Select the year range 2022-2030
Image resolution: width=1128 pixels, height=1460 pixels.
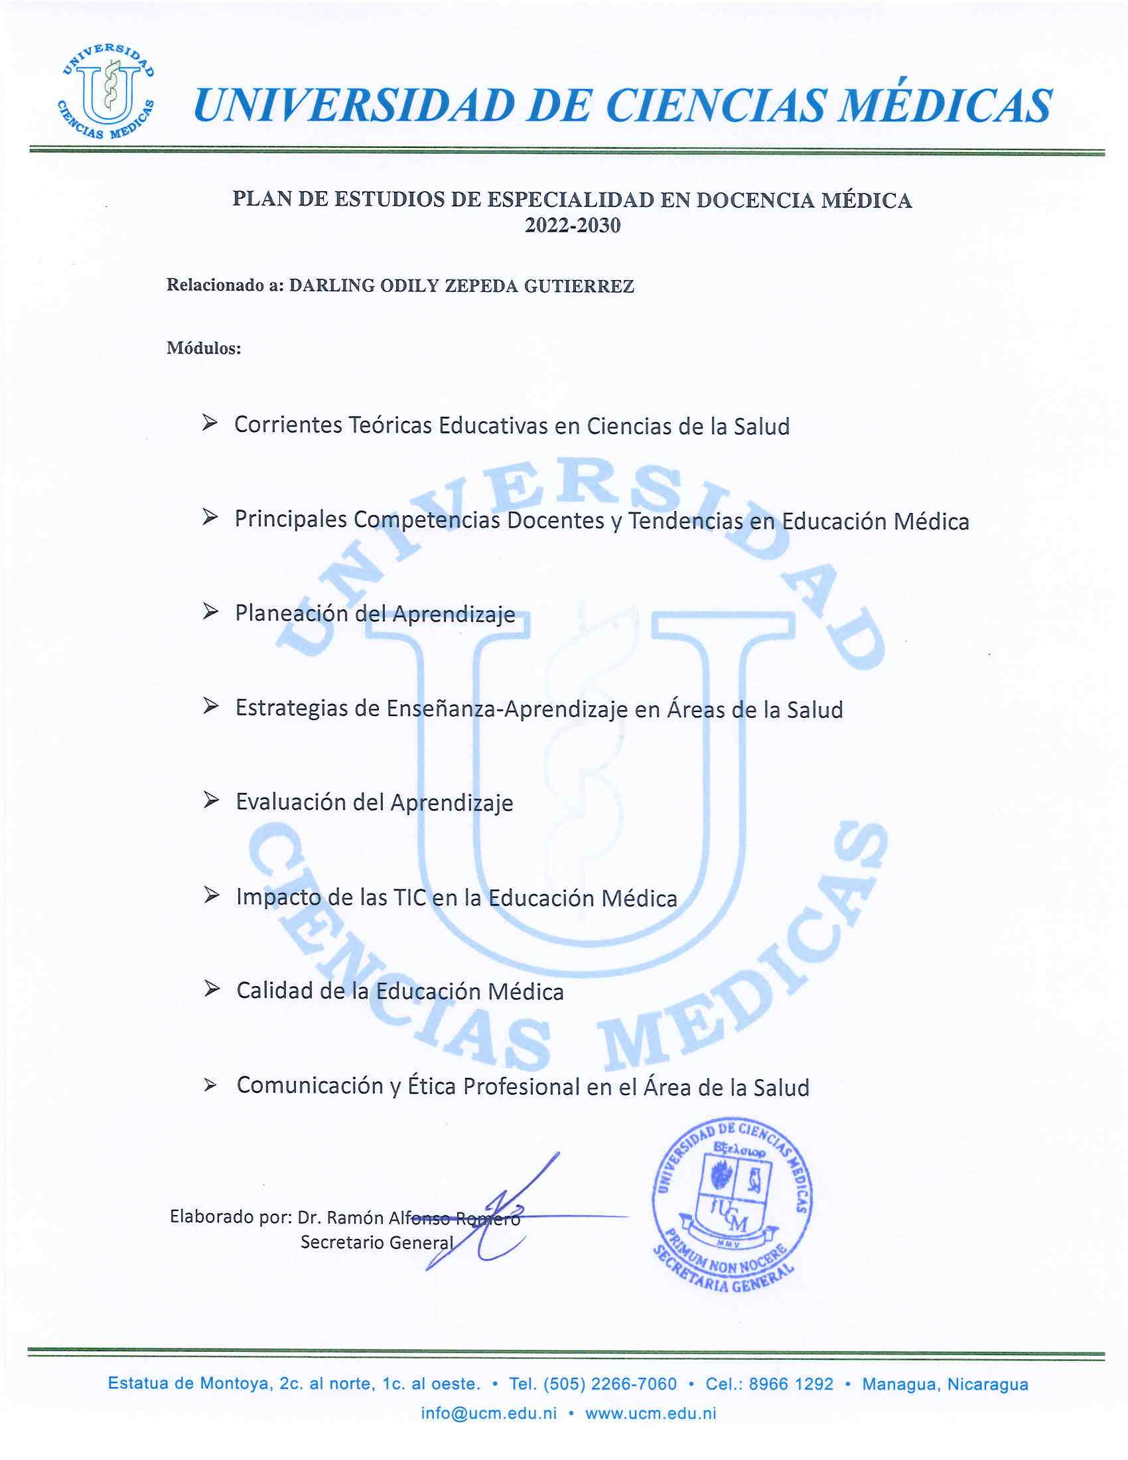click(572, 226)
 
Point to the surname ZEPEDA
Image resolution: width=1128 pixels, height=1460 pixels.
click(481, 286)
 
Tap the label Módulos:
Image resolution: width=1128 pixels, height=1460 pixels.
click(203, 348)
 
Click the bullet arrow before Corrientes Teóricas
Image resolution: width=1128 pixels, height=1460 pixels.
click(210, 423)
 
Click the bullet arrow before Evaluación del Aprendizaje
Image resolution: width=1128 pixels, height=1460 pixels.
click(210, 800)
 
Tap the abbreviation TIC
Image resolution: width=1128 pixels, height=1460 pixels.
click(409, 897)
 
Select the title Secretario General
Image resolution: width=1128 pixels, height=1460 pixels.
click(377, 1242)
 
